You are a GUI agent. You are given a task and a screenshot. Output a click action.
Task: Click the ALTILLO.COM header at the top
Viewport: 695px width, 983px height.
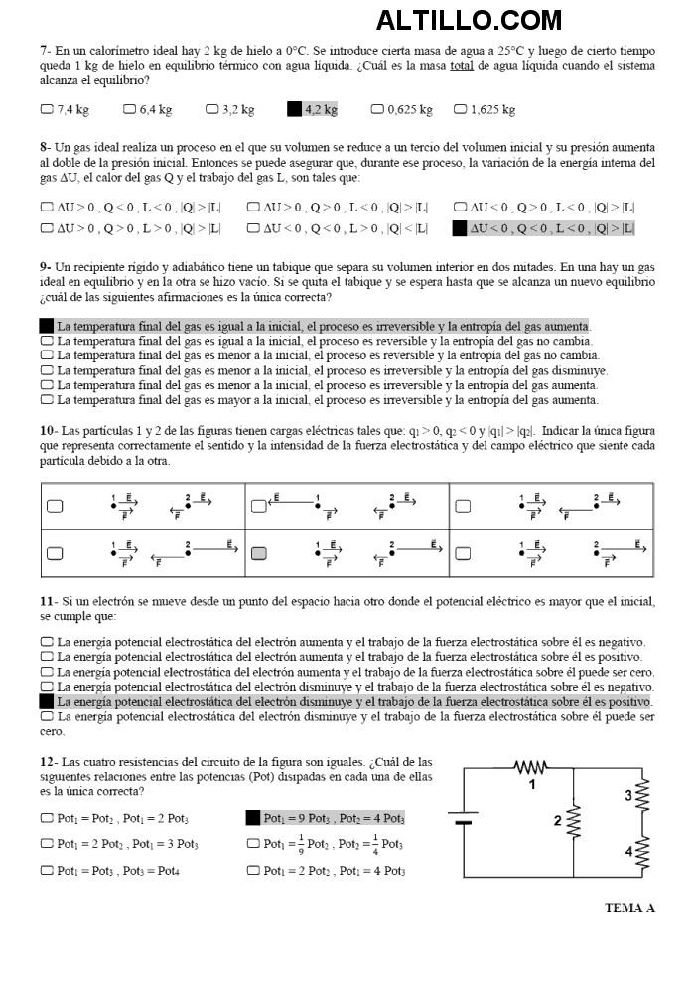pos(469,20)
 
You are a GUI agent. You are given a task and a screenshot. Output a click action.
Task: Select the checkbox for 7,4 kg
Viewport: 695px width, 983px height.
pos(47,109)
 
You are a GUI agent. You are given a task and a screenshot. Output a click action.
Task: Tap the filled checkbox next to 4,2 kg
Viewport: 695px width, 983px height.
pos(294,109)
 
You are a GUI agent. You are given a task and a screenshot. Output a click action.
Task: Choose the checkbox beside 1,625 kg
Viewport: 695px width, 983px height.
pos(461,109)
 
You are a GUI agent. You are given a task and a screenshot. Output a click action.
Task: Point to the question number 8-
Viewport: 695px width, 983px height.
pos(46,146)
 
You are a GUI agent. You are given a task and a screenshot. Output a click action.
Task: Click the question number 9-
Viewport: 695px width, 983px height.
pos(46,267)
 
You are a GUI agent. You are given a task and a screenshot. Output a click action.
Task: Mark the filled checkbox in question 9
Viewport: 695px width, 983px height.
pos(47,326)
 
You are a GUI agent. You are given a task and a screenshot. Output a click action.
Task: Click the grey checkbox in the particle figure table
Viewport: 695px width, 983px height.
pos(259,553)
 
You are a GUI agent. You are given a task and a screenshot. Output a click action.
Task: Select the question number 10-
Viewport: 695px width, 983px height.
pos(49,431)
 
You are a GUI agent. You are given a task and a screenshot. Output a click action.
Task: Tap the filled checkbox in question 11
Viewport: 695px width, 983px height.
pos(47,701)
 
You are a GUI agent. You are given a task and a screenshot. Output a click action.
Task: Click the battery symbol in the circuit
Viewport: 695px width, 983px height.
pos(462,819)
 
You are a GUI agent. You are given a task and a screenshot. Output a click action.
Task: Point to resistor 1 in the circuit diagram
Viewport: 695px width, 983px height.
pos(532,768)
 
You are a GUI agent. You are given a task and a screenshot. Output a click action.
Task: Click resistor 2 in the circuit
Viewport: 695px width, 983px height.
pos(572,820)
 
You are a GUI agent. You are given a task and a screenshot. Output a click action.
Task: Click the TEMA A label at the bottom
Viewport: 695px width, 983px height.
pos(629,907)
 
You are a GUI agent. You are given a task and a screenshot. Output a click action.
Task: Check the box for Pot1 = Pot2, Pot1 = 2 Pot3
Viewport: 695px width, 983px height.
pos(47,819)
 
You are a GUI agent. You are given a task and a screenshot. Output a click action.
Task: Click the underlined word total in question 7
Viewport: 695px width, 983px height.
pos(460,65)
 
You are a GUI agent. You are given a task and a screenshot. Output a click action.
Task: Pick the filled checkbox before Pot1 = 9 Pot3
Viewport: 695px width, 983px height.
pos(253,819)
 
